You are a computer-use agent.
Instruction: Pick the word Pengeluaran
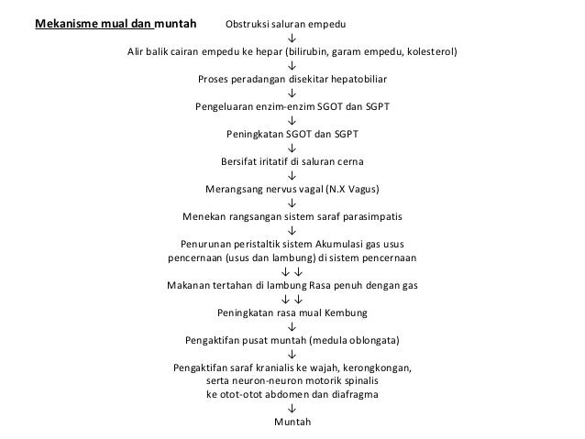point(224,106)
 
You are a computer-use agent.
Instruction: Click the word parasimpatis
point(374,218)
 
